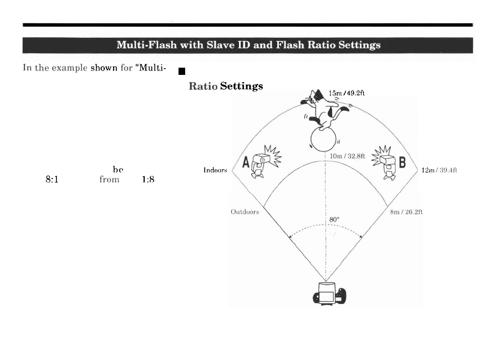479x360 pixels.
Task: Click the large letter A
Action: pyautogui.click(x=246, y=163)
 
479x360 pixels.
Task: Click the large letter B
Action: pyautogui.click(x=402, y=163)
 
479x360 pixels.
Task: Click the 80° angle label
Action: pyautogui.click(x=334, y=219)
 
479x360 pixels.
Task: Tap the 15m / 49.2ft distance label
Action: pyautogui.click(x=346, y=93)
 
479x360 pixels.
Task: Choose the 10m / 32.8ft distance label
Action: pyautogui.click(x=348, y=156)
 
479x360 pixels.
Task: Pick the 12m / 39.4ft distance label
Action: pyautogui.click(x=439, y=170)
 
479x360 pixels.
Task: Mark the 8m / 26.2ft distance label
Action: pyautogui.click(x=407, y=211)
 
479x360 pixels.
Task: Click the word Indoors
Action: pyautogui.click(x=215, y=170)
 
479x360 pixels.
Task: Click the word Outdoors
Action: pyautogui.click(x=244, y=211)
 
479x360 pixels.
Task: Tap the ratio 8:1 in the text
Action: pyautogui.click(x=52, y=180)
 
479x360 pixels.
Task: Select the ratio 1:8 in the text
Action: pyautogui.click(x=148, y=180)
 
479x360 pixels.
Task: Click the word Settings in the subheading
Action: pyautogui.click(x=241, y=86)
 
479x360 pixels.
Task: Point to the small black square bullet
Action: pyautogui.click(x=181, y=71)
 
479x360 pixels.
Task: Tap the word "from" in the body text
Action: pyautogui.click(x=109, y=180)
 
